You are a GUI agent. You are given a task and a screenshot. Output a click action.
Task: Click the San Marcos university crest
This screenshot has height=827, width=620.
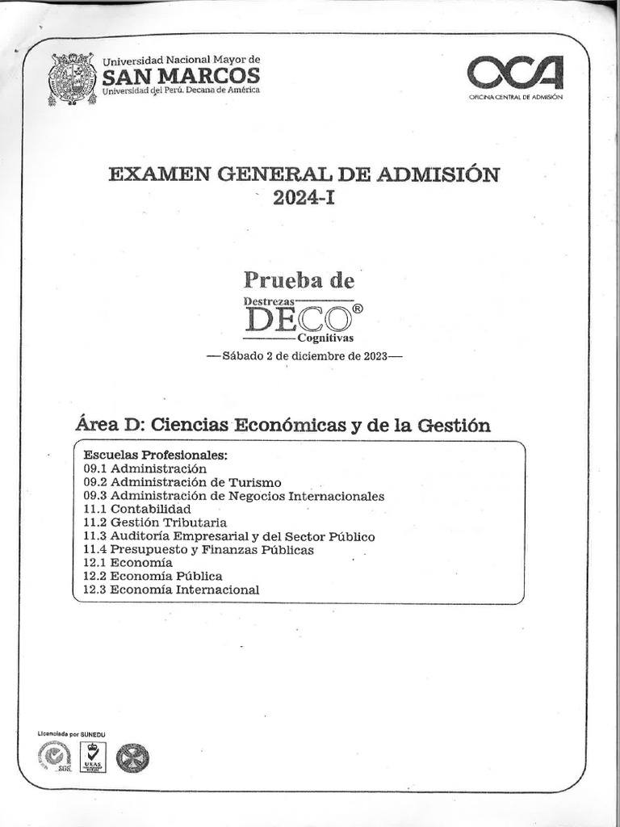point(73,79)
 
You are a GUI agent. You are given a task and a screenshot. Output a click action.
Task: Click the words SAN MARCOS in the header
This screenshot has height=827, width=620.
point(181,76)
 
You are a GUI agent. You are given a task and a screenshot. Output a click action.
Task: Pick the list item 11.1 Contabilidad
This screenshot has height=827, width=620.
point(137,510)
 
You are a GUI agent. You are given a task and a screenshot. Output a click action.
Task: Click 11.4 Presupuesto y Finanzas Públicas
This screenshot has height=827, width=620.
point(198,550)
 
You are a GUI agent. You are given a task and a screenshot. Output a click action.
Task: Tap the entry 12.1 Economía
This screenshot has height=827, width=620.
point(128,563)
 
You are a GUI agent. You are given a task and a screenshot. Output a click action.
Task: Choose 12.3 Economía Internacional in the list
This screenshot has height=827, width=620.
point(171,590)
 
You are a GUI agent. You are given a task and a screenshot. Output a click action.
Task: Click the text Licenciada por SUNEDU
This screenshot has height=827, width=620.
point(72,734)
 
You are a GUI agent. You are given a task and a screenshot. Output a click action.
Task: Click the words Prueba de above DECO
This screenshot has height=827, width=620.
point(299,280)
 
